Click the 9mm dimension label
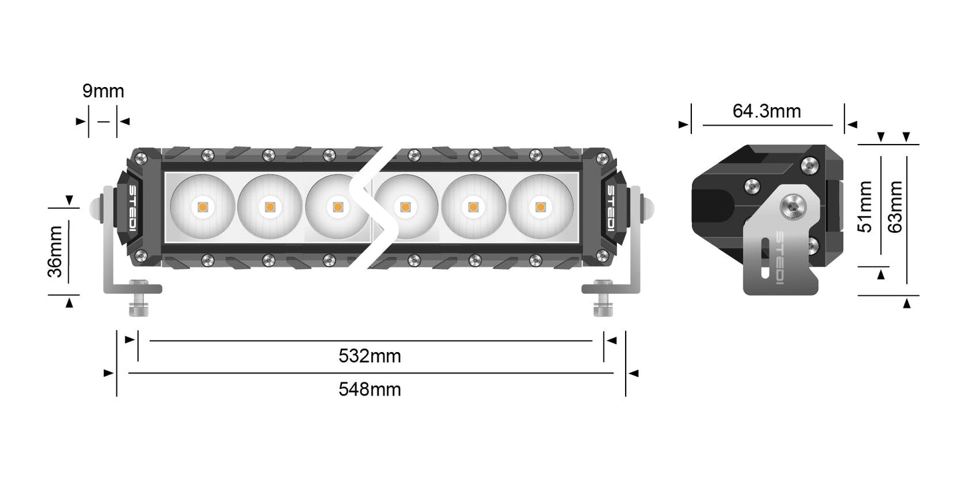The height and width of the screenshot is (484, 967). [x=103, y=91]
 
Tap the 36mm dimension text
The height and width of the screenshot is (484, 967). [x=56, y=251]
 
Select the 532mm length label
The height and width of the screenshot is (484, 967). [x=369, y=356]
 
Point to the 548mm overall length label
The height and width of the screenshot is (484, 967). [x=369, y=389]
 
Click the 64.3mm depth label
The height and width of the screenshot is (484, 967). [x=766, y=111]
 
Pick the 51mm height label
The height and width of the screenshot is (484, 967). [x=866, y=206]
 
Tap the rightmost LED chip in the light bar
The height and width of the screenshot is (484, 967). [x=539, y=207]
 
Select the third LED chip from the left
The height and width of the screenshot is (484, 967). [x=337, y=207]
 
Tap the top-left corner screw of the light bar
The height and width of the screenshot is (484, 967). [x=141, y=159]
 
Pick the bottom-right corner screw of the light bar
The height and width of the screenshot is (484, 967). [x=601, y=254]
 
